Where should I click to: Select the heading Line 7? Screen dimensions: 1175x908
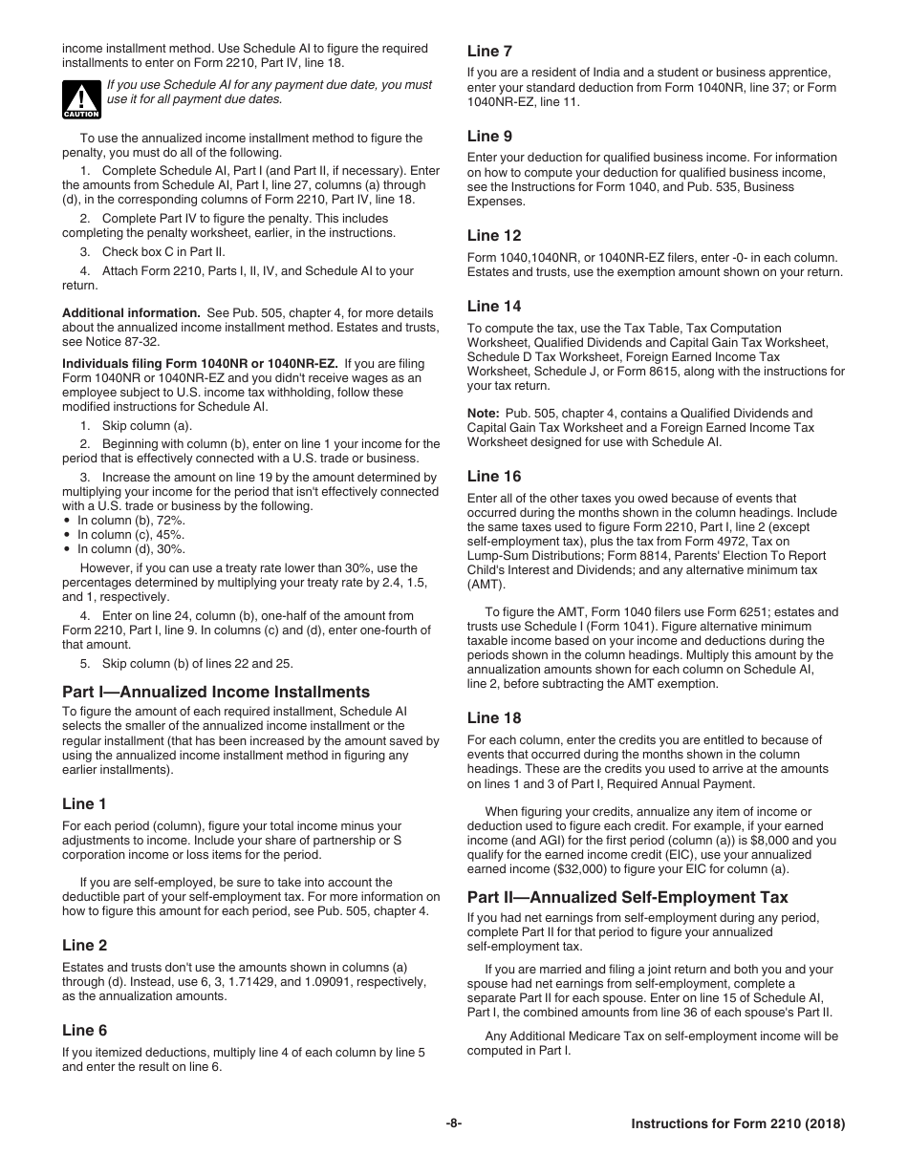coord(489,51)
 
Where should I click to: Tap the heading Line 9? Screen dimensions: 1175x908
coord(489,136)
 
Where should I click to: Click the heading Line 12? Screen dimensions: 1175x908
coord(494,235)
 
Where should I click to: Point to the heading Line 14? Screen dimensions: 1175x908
coord(494,306)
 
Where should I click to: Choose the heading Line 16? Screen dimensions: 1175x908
coord(494,476)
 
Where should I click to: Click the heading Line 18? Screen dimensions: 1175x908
coord(494,717)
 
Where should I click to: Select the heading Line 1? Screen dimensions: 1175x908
coord(84,803)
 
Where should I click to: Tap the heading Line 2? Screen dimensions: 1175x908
coord(84,945)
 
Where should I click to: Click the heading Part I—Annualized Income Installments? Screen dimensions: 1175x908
coord(215,692)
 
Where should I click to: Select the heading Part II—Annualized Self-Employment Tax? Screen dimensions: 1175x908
coord(627,897)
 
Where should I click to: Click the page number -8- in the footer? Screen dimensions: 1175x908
coord(453,1124)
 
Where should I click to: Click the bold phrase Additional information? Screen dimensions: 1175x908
coord(131,313)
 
